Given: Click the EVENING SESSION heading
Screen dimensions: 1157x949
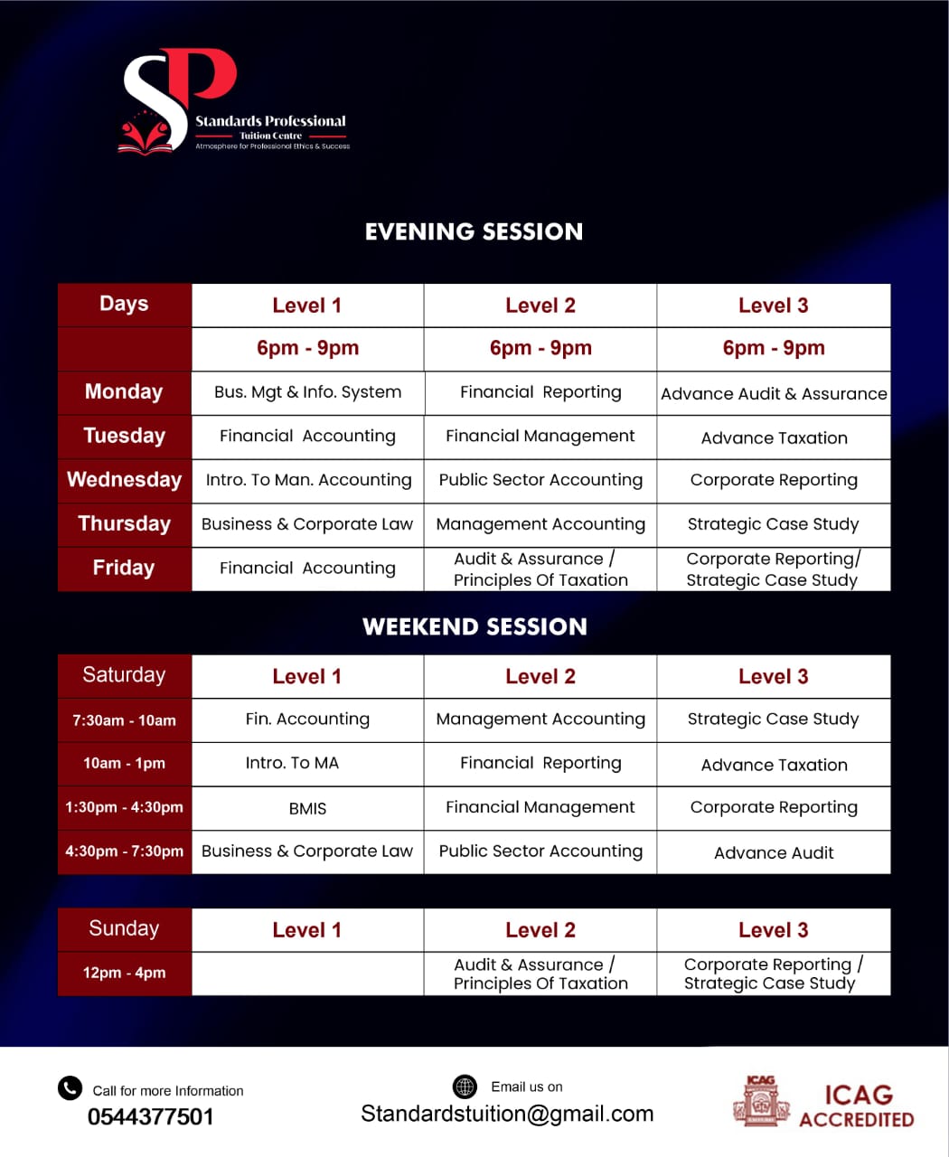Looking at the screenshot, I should tap(474, 231).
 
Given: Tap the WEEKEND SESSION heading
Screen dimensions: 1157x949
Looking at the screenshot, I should tap(474, 626).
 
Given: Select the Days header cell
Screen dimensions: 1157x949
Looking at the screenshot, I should tap(124, 305).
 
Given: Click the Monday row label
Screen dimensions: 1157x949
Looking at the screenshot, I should tap(124, 392).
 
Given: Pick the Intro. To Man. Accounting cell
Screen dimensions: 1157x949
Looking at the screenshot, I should tap(308, 480).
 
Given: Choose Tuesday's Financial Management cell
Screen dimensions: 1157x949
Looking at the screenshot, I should tap(540, 436).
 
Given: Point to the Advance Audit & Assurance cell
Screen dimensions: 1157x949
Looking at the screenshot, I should tap(774, 393).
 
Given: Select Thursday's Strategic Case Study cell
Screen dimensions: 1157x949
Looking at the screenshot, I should tap(774, 524).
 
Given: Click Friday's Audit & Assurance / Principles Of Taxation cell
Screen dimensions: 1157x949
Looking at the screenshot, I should tap(540, 569).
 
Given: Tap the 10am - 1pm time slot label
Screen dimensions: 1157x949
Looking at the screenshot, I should tap(124, 763).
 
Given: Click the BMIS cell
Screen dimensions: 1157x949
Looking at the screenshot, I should tap(307, 808).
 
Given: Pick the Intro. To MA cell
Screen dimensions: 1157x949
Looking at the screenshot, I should tap(292, 763).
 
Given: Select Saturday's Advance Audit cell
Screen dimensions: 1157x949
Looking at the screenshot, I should tap(774, 852).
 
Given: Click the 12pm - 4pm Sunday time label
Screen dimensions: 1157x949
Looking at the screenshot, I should tap(124, 973).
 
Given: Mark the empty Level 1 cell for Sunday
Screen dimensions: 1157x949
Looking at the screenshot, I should tap(307, 974).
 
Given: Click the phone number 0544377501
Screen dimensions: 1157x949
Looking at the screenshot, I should tap(151, 1117).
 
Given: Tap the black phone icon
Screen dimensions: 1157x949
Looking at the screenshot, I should tap(70, 1088).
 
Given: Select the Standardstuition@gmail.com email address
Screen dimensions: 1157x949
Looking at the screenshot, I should tap(507, 1114).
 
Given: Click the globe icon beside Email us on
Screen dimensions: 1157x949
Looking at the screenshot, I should tap(465, 1086).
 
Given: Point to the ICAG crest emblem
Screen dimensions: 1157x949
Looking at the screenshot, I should tap(761, 1102).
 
